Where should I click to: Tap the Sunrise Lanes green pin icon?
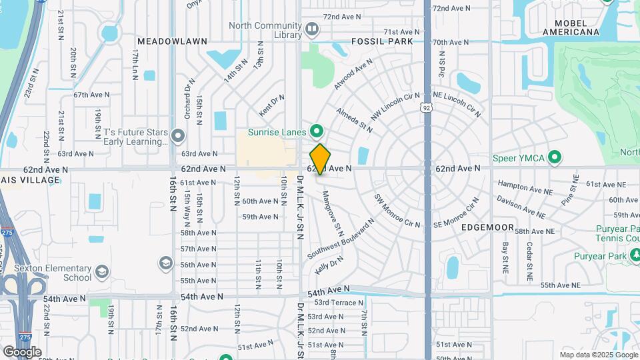(x=317, y=131)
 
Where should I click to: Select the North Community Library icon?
(x=311, y=29)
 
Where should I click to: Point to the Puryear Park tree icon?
(x=635, y=254)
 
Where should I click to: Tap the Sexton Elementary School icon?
(x=102, y=272)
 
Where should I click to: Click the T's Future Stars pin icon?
(x=178, y=137)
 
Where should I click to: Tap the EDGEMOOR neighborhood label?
(x=488, y=227)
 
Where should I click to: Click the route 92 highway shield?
(x=426, y=107)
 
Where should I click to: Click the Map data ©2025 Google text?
(x=599, y=355)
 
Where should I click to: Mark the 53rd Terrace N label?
(x=338, y=303)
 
